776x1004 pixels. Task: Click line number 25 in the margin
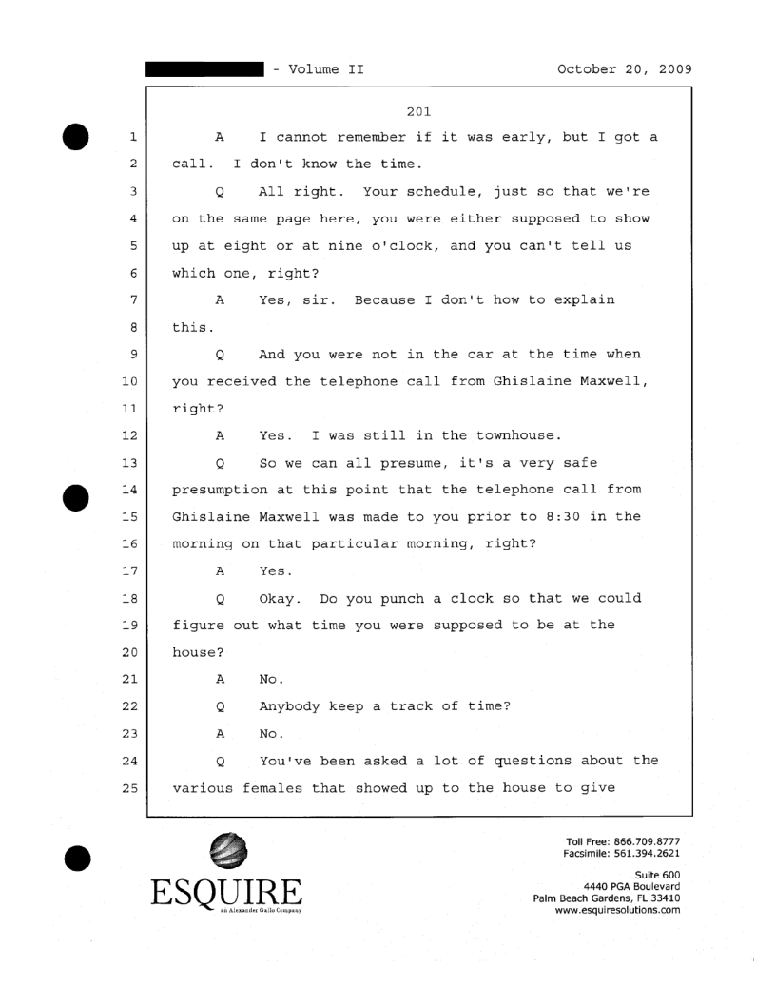click(x=132, y=786)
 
